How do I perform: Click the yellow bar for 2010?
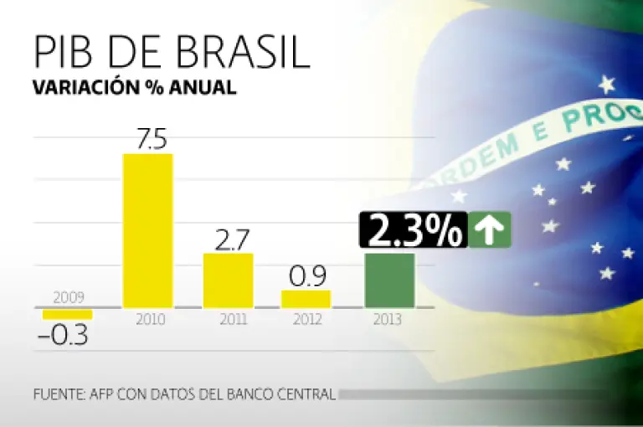point(148,230)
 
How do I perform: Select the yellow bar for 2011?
point(228,280)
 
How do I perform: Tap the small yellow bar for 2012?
point(306,298)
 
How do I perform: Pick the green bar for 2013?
point(389,280)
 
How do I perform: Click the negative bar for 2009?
point(68,314)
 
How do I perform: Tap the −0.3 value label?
point(64,336)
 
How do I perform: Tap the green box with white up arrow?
point(490,231)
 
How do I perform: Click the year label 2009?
point(68,297)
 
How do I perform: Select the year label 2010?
point(150,320)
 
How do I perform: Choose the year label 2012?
point(306,320)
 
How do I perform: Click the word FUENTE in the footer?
point(59,394)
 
